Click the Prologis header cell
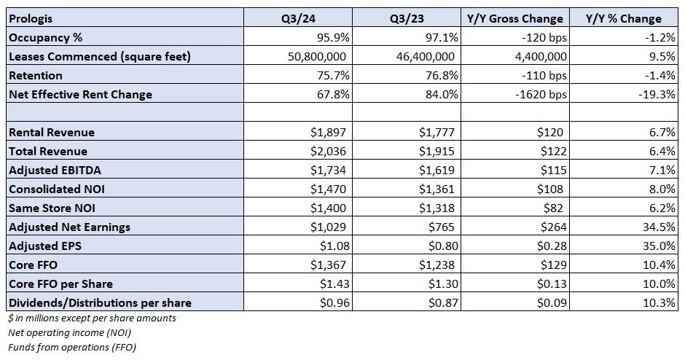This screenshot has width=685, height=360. point(28,18)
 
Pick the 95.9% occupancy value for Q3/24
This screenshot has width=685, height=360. point(332,37)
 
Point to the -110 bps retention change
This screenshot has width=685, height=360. point(540,75)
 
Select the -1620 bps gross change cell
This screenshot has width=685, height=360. point(537,94)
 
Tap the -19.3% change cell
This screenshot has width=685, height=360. point(658,94)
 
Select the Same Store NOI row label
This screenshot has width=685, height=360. point(49,208)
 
